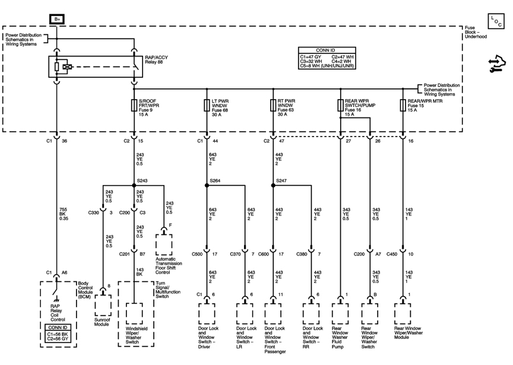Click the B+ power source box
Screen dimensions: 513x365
pyautogui.click(x=57, y=19)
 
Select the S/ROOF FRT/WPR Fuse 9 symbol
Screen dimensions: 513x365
pyautogui.click(x=134, y=105)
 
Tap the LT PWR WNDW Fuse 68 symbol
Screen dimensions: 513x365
pyautogui.click(x=207, y=105)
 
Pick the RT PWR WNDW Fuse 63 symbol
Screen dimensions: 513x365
pyautogui.click(x=273, y=105)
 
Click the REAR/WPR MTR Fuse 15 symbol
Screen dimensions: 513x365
pyautogui.click(x=403, y=105)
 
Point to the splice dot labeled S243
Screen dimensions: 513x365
pyautogui.click(x=134, y=185)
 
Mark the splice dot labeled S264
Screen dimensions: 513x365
pyautogui.click(x=207, y=185)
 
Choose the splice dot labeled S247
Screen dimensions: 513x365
pyautogui.click(x=273, y=185)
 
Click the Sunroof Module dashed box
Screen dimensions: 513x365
pyautogui.click(x=103, y=306)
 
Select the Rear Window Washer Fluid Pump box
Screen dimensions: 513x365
pyautogui.click(x=340, y=314)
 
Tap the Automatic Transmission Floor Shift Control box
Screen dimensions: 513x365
pyautogui.click(x=164, y=245)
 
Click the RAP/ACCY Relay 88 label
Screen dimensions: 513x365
pyautogui.click(x=156, y=59)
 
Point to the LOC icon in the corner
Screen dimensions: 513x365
pyautogui.click(x=496, y=21)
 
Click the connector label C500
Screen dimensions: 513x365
pyautogui.click(x=197, y=254)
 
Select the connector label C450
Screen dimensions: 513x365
pyautogui.click(x=392, y=254)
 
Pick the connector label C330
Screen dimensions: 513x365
pyautogui.click(x=94, y=212)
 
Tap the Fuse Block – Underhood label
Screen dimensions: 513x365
pyautogui.click(x=476, y=32)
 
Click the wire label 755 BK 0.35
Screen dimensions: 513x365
pyautogui.click(x=64, y=214)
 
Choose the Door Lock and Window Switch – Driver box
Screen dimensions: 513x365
pyautogui.click(x=207, y=314)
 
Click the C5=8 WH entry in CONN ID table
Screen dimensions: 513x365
pyautogui.click(x=327, y=66)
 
